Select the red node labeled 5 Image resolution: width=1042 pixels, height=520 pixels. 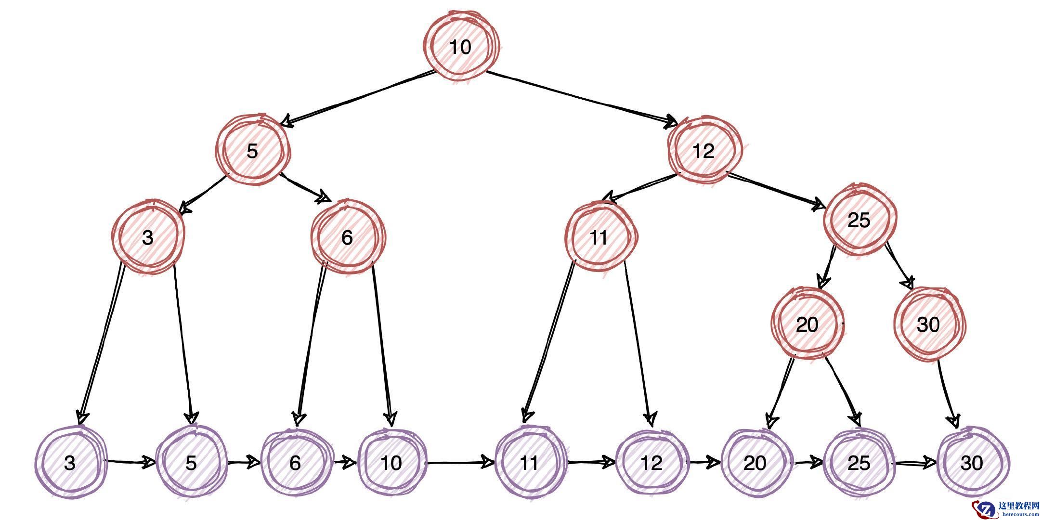252,151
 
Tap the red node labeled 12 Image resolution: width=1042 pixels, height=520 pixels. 704,151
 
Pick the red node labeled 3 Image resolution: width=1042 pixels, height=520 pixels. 148,238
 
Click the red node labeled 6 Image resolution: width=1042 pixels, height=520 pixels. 348,237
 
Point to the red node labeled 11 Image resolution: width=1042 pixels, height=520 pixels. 599,238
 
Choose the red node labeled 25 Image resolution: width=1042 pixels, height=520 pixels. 859,221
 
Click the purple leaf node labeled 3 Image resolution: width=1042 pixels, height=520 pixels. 70,463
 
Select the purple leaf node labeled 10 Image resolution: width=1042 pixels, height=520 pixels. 391,463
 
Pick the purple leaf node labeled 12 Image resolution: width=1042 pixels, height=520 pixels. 652,463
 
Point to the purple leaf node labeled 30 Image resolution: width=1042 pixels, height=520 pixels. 972,463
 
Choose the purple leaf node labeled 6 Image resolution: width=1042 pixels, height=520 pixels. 296,463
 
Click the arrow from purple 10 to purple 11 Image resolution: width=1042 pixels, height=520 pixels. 460,463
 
